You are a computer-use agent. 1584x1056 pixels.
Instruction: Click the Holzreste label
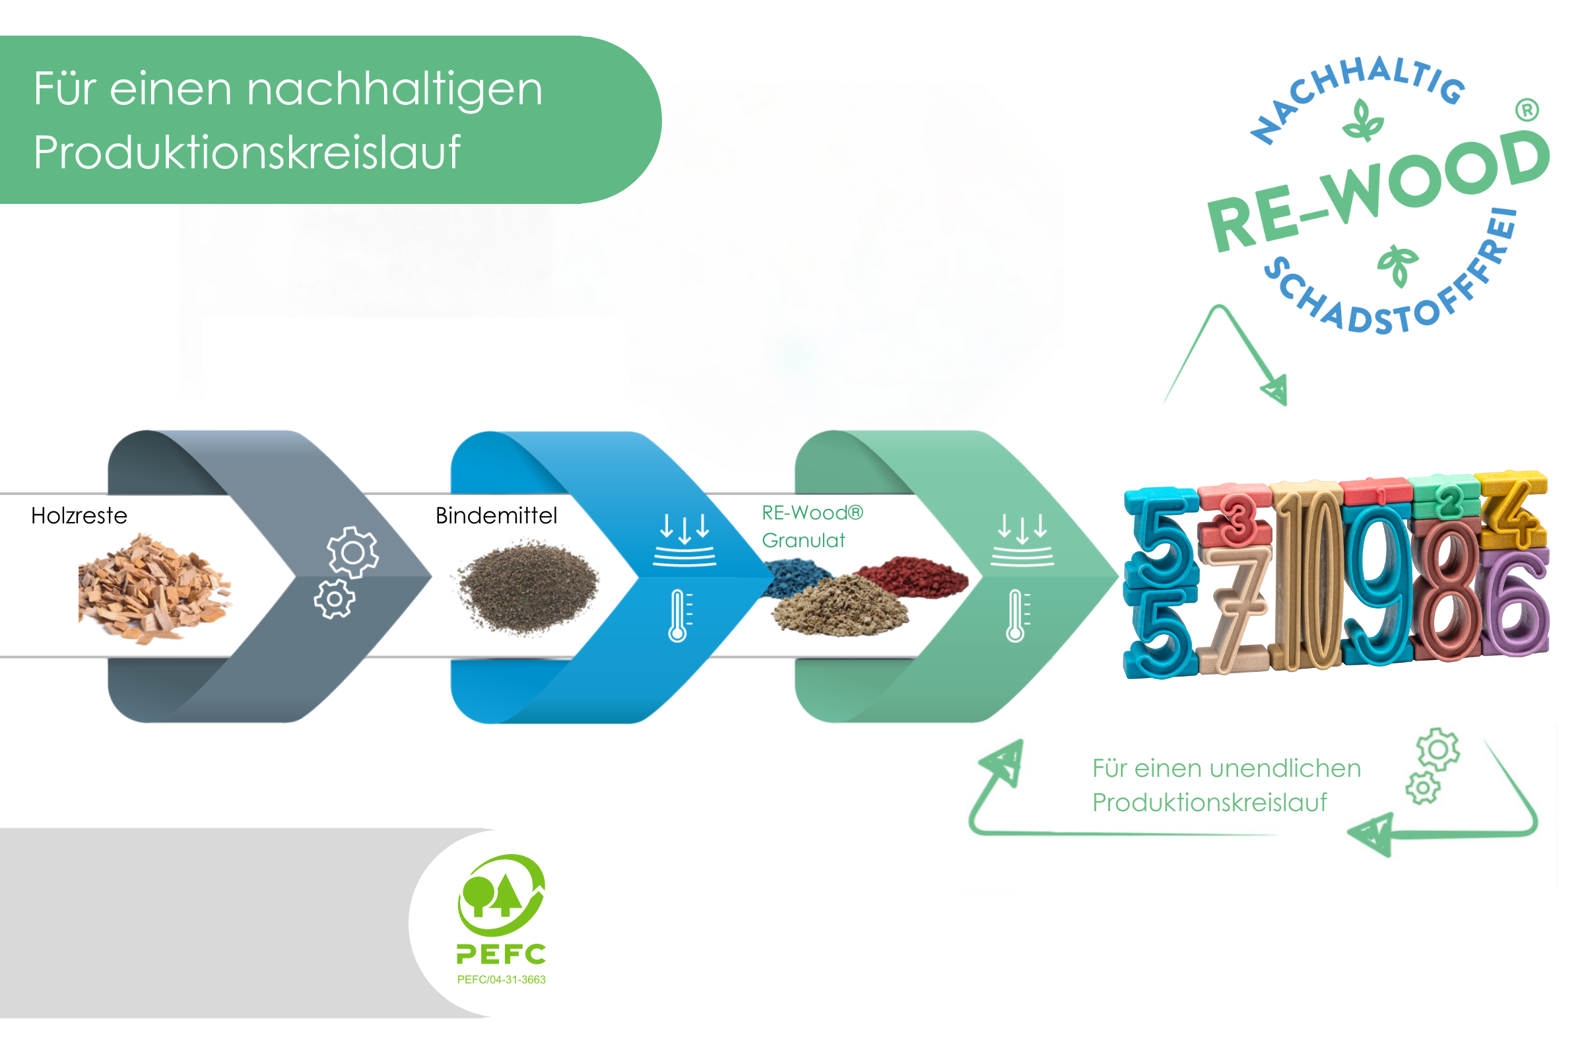(79, 516)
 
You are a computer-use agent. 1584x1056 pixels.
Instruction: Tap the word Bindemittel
(496, 516)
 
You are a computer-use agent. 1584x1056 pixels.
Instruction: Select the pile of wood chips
(155, 589)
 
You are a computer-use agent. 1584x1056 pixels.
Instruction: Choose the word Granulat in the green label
(803, 541)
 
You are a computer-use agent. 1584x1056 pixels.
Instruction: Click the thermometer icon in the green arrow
(1017, 616)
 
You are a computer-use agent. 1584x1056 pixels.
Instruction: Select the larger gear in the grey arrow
(353, 552)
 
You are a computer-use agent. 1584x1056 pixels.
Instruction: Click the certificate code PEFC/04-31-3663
(502, 980)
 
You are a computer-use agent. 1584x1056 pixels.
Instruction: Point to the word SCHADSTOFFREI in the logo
(1397, 283)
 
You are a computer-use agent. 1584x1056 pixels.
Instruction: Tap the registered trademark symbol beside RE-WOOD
(1527, 110)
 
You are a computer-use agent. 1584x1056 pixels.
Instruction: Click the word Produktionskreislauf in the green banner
(247, 152)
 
